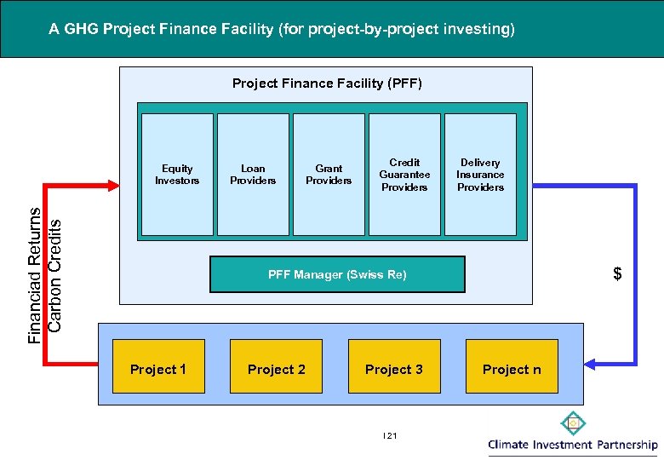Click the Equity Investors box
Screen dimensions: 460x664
[x=177, y=175]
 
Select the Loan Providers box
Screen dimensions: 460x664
[x=253, y=175]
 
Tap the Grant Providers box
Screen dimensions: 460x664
[x=329, y=175]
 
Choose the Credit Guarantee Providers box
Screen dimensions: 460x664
[x=404, y=175]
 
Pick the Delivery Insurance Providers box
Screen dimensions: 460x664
[x=480, y=175]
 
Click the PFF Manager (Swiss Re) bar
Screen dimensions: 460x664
[x=337, y=274]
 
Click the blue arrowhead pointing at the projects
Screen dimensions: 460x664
[x=593, y=365]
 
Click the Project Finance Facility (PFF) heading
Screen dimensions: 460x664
[x=327, y=83]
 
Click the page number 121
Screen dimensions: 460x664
[x=391, y=436]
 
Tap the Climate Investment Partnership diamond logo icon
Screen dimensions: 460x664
[x=574, y=423]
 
